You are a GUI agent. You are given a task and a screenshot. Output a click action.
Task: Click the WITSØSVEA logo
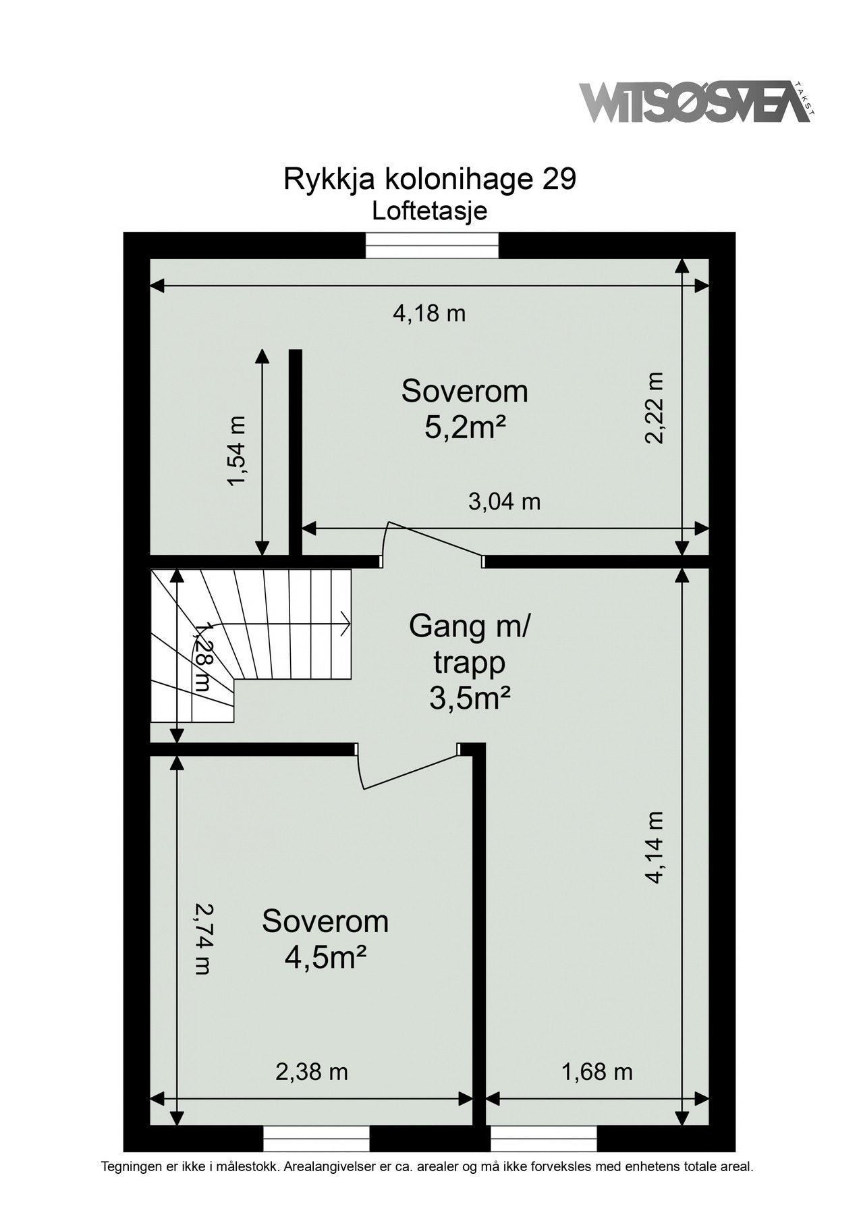point(695,102)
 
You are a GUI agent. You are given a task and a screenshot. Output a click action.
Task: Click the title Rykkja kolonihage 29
point(430,180)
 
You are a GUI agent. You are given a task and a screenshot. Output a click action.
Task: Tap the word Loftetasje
point(430,211)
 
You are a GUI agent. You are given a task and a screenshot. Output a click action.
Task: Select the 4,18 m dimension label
point(430,313)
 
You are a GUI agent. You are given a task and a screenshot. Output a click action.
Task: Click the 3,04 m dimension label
point(505,502)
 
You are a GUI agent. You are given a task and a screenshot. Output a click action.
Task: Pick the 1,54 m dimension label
point(237,450)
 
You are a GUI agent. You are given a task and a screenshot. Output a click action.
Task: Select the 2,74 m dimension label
point(202,938)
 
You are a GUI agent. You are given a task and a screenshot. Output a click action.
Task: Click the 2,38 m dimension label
point(312,1071)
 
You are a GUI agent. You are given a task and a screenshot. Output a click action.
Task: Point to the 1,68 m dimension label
point(597,1071)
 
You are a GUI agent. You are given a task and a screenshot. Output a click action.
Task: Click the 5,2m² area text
point(465,427)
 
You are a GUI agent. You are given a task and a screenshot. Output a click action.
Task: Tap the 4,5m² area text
point(325,957)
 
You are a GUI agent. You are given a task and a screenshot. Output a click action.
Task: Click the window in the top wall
point(432,245)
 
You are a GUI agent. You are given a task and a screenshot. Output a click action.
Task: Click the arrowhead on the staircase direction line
point(345,622)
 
